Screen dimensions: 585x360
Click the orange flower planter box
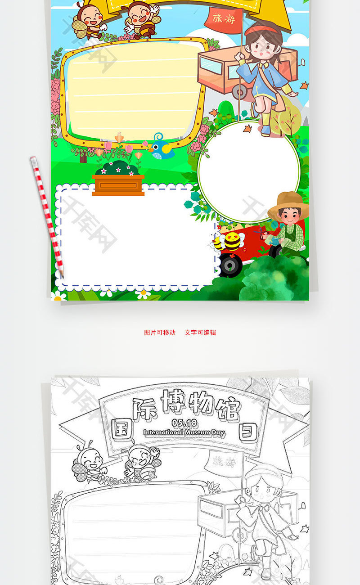click(118, 184)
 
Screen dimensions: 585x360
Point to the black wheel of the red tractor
click(230, 265)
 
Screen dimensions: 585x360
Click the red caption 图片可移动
click(160, 333)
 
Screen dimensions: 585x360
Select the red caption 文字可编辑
click(200, 333)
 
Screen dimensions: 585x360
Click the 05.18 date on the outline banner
click(184, 423)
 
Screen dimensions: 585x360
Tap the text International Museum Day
click(184, 432)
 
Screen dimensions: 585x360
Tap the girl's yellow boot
click(265, 125)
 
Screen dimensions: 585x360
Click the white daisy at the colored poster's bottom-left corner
click(58, 296)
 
